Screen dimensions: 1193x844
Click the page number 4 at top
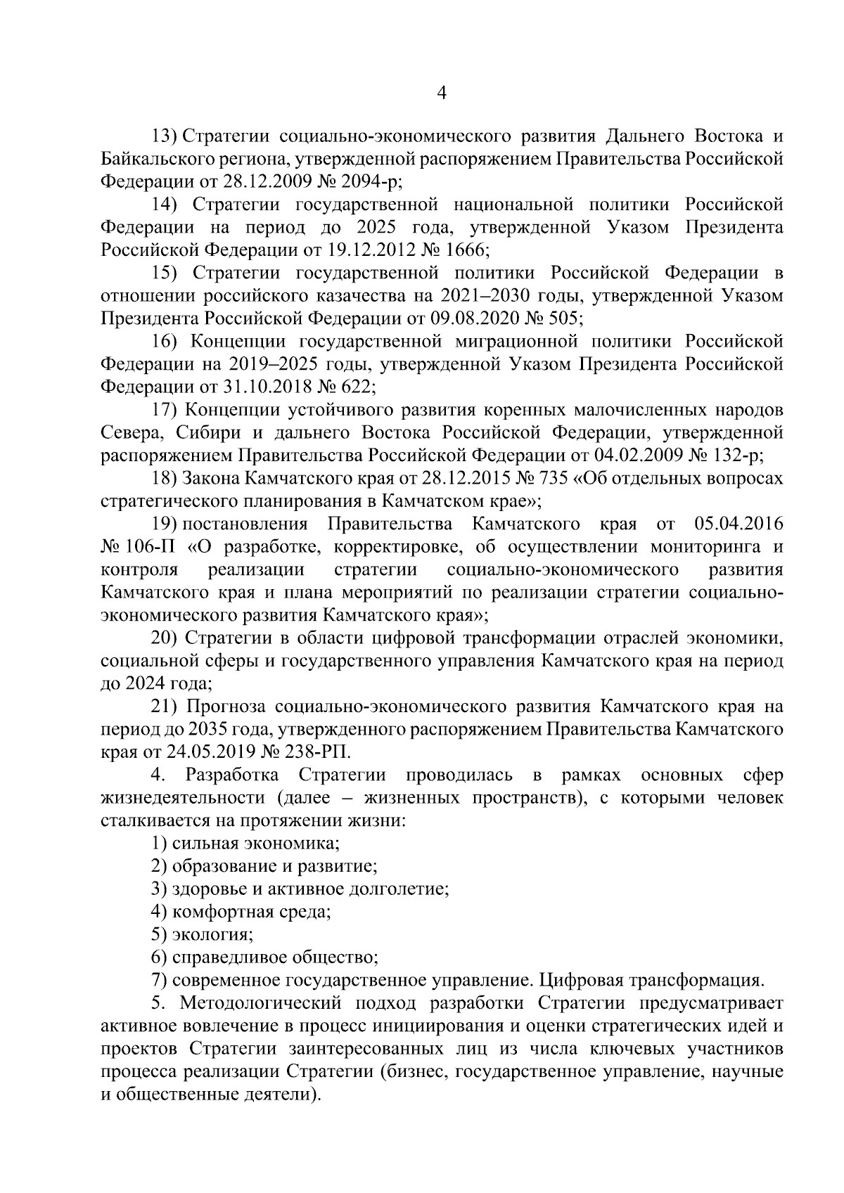click(442, 93)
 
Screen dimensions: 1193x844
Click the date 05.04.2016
click(738, 524)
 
